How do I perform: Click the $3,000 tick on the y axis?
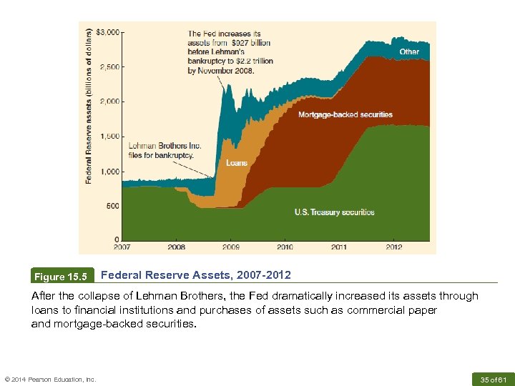[109, 32]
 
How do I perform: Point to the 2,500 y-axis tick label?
[109, 67]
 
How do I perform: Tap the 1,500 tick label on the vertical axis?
[109, 137]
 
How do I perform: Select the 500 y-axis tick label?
[112, 206]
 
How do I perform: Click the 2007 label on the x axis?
[122, 247]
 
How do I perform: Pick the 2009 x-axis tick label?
[230, 247]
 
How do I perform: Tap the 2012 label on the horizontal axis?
[393, 247]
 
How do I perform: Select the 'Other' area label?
[409, 51]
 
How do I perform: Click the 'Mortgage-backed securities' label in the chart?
[345, 114]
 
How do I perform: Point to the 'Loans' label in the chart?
[237, 163]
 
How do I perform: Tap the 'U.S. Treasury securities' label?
[334, 212]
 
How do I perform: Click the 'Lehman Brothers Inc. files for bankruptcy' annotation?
[165, 150]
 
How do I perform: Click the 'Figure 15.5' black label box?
[63, 276]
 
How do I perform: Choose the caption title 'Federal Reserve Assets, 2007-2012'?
[196, 274]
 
